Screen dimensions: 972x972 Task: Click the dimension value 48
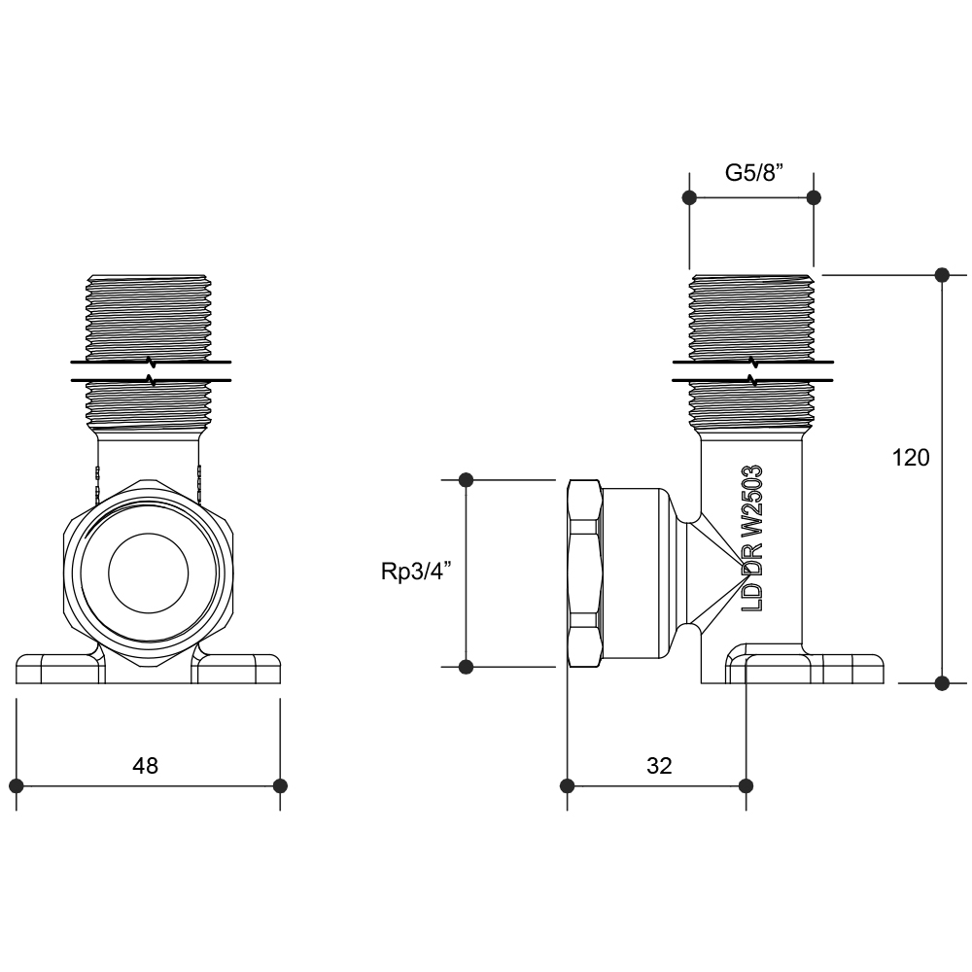point(145,766)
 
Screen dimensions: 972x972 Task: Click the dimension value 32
point(659,766)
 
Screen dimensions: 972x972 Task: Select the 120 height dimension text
point(911,458)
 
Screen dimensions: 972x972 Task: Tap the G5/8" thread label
point(754,173)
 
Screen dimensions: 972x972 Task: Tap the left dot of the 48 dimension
point(16,785)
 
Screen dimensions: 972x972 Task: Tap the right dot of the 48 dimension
point(280,785)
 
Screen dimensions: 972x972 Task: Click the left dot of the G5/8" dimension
point(689,197)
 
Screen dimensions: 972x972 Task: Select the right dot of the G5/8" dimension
point(815,197)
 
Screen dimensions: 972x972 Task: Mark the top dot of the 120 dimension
point(941,275)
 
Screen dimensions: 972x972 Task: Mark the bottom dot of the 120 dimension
point(941,683)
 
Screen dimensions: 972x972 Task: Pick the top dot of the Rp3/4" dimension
point(466,479)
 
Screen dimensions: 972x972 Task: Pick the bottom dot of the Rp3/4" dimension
point(466,667)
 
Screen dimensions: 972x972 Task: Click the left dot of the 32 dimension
point(567,785)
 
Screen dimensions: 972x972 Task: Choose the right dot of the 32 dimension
point(746,785)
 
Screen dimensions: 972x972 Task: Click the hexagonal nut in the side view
point(582,573)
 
